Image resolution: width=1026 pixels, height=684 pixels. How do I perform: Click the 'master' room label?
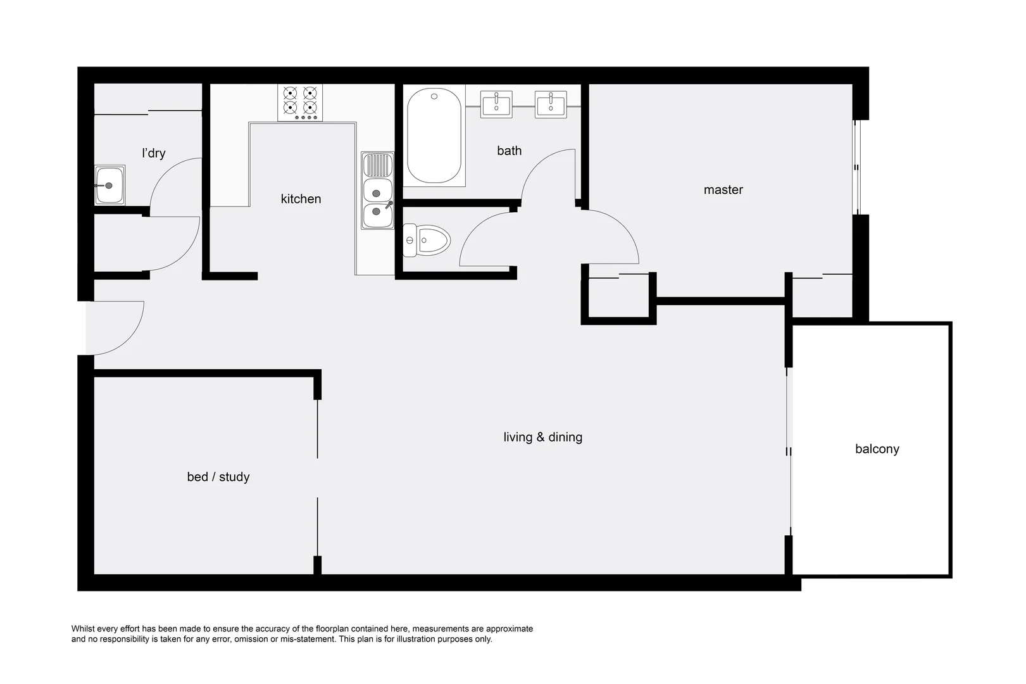coord(723,189)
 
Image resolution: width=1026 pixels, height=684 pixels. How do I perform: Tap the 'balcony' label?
coord(877,449)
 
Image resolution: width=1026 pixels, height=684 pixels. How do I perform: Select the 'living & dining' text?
coord(542,437)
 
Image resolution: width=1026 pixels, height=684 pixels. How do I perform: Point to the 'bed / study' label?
coord(218,477)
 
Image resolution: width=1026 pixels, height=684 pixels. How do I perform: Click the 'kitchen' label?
coord(301,199)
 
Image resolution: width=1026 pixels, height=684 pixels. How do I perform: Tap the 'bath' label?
coord(509,151)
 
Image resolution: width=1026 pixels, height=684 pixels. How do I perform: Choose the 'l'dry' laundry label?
coord(154,153)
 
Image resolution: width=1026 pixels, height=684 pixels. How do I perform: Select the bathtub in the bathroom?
coord(434,136)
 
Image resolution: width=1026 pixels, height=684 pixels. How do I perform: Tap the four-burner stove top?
coord(300,102)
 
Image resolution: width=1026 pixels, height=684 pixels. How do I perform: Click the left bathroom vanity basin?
coord(497,104)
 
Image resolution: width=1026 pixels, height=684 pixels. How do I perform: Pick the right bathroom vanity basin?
coord(551,104)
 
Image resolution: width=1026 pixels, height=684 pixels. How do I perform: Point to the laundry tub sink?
coord(109,186)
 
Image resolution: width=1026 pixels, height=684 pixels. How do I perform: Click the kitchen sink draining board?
coord(377,166)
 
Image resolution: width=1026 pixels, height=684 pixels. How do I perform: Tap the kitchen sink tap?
coord(389,205)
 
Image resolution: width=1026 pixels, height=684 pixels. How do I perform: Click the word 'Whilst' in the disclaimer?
coord(84,629)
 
